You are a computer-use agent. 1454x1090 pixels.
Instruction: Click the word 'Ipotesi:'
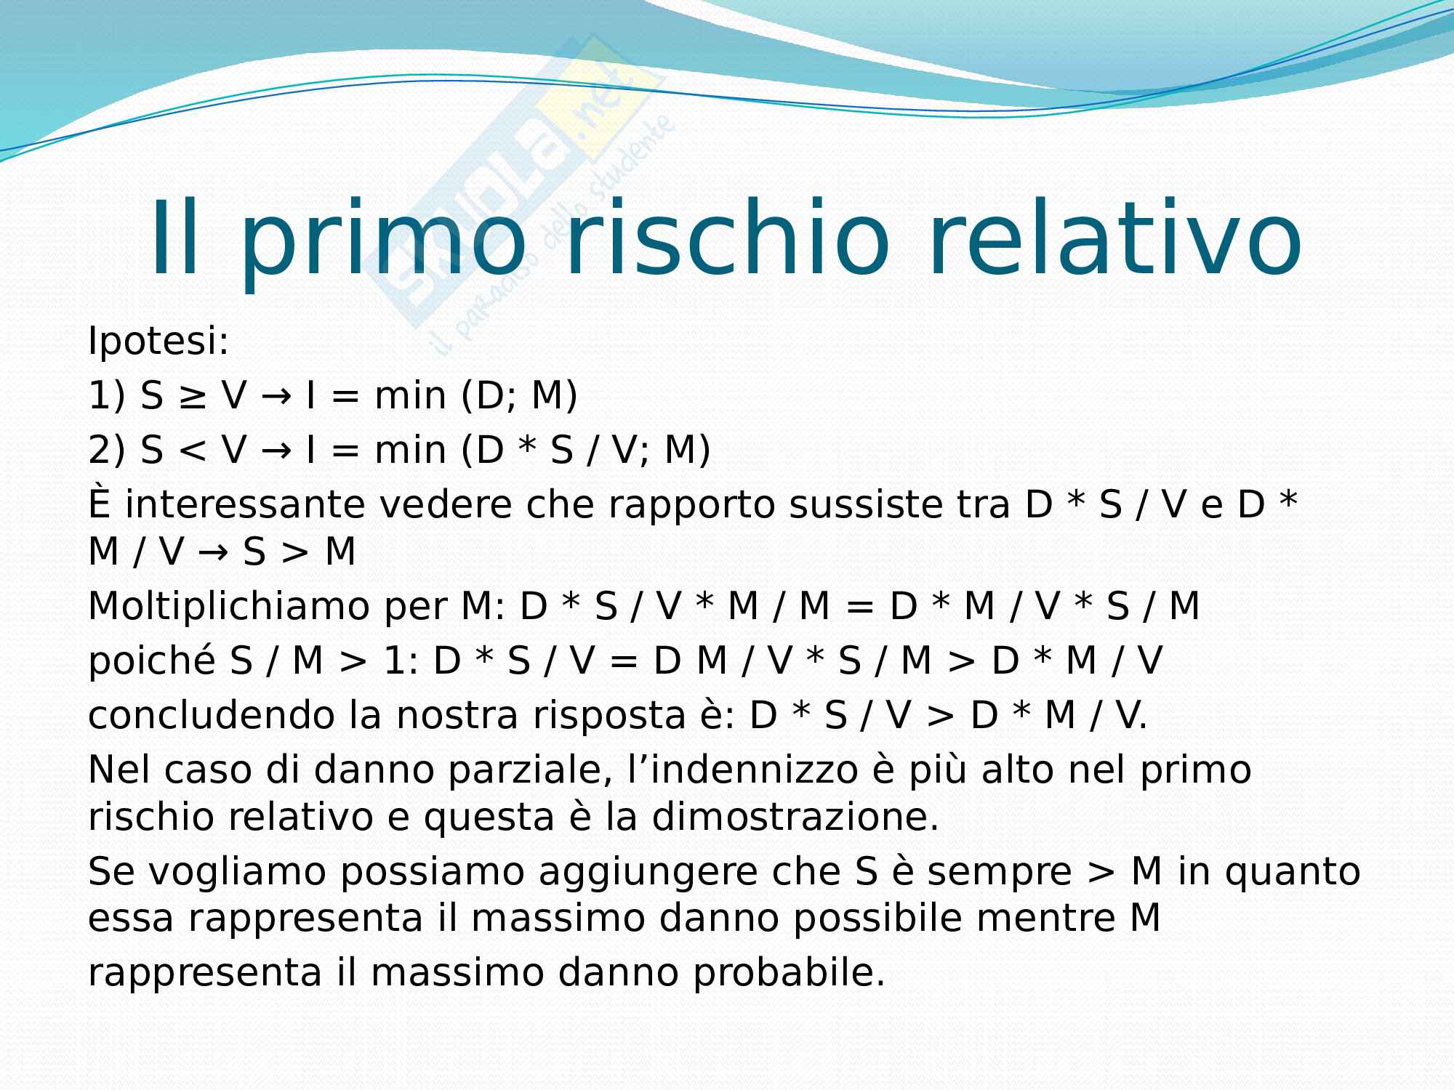(158, 342)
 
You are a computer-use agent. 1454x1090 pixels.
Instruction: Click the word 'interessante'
(245, 505)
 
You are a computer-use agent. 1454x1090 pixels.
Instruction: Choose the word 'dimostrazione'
(795, 817)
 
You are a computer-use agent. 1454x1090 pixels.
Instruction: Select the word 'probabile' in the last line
(789, 974)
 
